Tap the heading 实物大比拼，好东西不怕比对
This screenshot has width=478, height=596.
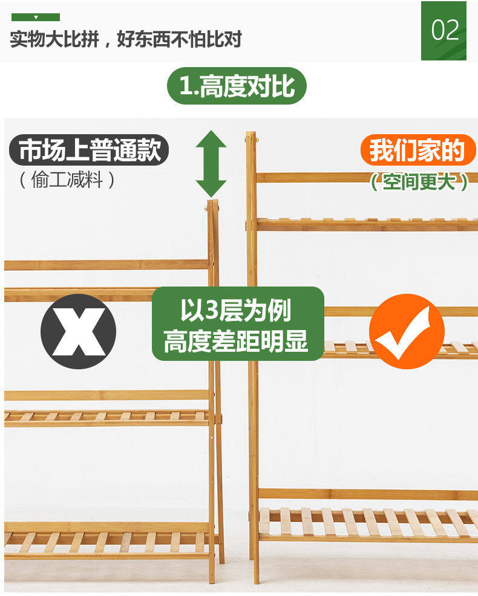pos(126,40)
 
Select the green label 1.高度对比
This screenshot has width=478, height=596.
pos(237,86)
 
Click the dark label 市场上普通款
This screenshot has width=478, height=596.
pos(90,151)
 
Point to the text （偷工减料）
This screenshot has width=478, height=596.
pos(67,180)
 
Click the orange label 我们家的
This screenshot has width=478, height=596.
pos(417,150)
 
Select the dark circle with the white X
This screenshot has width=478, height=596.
pos(78,332)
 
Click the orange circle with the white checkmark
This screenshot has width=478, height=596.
pos(407,331)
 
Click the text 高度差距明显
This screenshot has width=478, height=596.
pos(236,342)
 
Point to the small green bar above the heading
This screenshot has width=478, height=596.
pos(36,17)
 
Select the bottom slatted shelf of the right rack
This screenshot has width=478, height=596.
pos(367,523)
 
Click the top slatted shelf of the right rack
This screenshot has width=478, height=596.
pos(367,224)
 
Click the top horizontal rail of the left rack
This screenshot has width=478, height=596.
pos(106,265)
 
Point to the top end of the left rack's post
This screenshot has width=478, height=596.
pos(212,204)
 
